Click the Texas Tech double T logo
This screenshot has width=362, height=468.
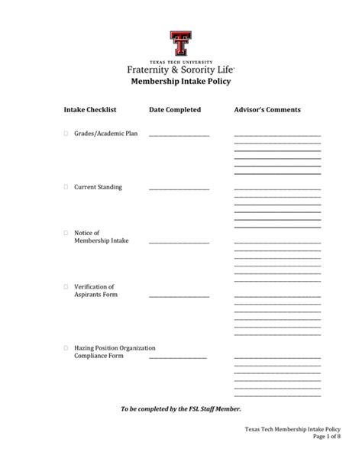(x=181, y=44)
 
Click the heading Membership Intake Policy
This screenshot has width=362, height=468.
(x=181, y=81)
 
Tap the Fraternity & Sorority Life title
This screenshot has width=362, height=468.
(x=181, y=69)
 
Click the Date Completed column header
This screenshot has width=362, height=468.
(x=175, y=110)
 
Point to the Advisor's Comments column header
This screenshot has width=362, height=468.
(x=267, y=110)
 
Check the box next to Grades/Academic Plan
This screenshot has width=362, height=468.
(x=66, y=134)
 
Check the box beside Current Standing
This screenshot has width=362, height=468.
(x=66, y=187)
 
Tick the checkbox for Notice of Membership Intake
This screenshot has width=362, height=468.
(x=66, y=233)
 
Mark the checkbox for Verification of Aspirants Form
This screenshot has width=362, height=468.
(x=66, y=287)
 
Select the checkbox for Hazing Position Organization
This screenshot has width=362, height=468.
(x=66, y=347)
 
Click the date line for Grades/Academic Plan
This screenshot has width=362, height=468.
(x=179, y=136)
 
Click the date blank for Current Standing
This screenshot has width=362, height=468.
(x=179, y=189)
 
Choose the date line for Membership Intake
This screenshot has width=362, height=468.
(x=179, y=243)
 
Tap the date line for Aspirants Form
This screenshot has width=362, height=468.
(x=179, y=296)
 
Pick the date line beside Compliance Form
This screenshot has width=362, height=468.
(x=177, y=357)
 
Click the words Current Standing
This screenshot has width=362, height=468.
(x=98, y=187)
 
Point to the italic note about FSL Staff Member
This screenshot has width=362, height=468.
(x=181, y=409)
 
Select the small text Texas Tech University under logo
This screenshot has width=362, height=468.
(x=181, y=60)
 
